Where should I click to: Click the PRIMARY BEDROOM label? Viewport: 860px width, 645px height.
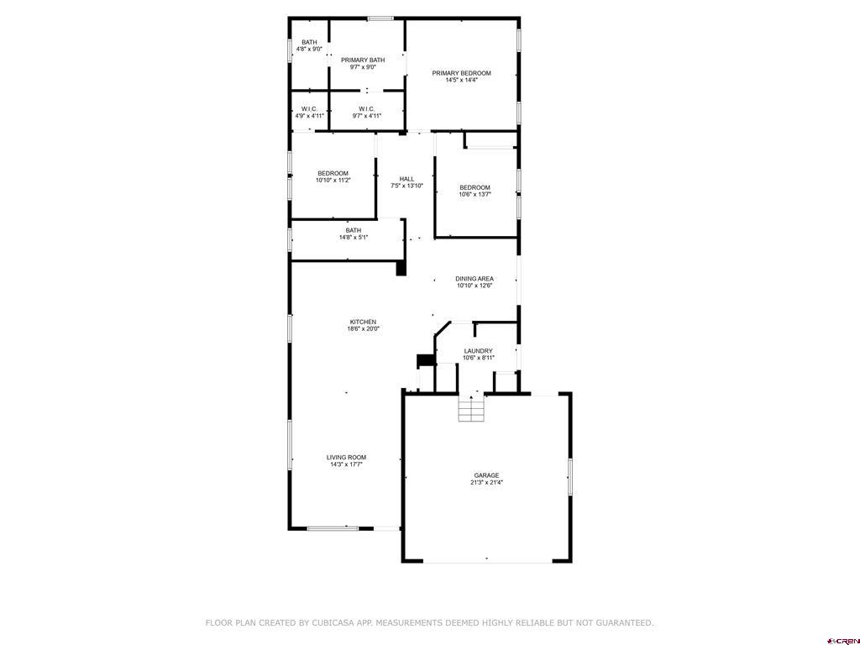tap(461, 73)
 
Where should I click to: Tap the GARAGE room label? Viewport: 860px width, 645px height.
tap(486, 475)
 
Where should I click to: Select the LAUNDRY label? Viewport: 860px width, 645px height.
tap(478, 351)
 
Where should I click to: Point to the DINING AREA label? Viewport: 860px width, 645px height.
tap(475, 279)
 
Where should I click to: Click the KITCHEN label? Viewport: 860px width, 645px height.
tap(363, 322)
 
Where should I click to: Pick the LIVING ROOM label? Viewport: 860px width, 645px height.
tap(346, 458)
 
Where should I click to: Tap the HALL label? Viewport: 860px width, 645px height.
tap(407, 179)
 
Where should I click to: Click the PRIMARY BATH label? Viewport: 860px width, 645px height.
tap(363, 60)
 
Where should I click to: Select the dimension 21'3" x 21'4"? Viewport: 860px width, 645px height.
tap(486, 483)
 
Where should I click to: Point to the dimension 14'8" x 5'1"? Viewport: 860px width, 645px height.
tap(354, 238)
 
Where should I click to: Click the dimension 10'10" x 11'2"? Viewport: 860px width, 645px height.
tap(333, 180)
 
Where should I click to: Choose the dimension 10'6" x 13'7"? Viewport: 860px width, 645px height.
tap(475, 194)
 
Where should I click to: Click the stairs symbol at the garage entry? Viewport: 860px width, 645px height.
tap(472, 409)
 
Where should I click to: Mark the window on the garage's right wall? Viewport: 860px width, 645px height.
tap(570, 477)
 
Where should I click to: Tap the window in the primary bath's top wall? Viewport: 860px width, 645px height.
tap(380, 18)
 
